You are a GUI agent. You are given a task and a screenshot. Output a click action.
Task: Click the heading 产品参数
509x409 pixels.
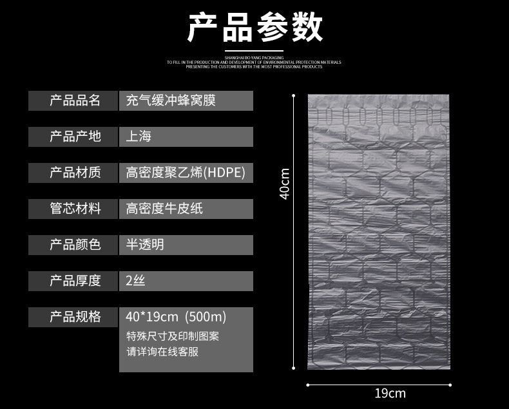[254, 28]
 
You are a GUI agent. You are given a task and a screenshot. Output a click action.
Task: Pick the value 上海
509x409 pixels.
[139, 137]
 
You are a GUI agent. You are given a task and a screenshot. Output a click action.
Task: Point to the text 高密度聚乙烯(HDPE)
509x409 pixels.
[186, 173]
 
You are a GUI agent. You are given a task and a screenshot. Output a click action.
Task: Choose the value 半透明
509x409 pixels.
[145, 245]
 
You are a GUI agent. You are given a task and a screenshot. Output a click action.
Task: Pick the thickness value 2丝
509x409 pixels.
[136, 281]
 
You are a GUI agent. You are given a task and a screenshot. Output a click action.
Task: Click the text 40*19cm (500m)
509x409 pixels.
[176, 317]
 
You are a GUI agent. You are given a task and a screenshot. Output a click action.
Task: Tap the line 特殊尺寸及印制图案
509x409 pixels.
[173, 336]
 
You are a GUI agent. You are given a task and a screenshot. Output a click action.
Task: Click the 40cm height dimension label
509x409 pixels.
[285, 184]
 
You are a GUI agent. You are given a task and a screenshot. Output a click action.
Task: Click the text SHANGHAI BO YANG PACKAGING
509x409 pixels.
[254, 58]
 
